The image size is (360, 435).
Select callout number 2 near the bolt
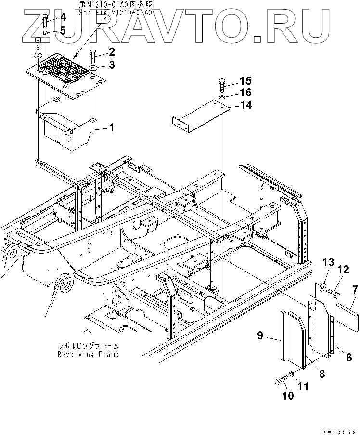click(x=112, y=52)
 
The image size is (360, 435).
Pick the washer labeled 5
click(x=44, y=32)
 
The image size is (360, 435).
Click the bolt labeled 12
click(x=332, y=291)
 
